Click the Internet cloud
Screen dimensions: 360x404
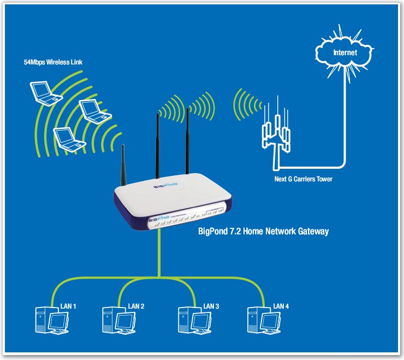[345, 53]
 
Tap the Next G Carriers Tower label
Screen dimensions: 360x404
[303, 179]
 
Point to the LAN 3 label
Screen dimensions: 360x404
[211, 306]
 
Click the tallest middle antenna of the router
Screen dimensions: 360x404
[157, 142]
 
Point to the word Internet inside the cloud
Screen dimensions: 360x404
[345, 53]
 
